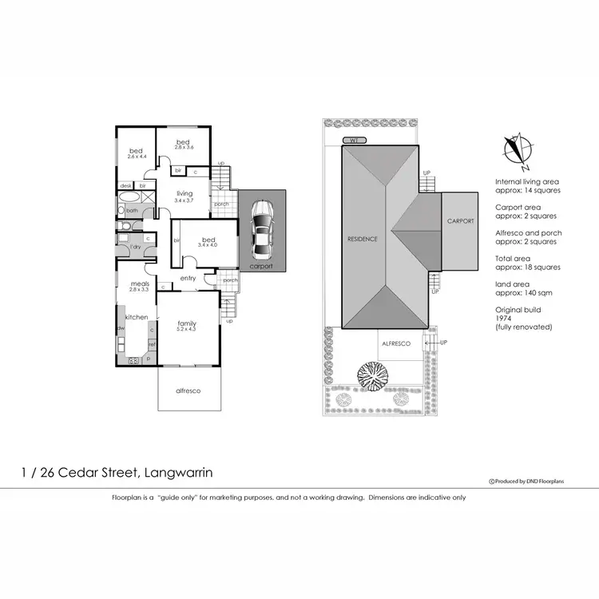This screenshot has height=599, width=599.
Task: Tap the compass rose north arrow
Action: tap(518, 150)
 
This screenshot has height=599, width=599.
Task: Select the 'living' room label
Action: tap(184, 192)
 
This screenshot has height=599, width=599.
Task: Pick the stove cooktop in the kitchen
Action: tap(133, 361)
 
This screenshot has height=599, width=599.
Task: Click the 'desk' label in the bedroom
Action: tap(126, 185)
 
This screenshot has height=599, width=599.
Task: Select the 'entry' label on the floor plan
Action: tap(188, 278)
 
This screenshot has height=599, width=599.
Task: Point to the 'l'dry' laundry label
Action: tap(136, 247)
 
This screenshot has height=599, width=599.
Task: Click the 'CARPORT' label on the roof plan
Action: tap(460, 220)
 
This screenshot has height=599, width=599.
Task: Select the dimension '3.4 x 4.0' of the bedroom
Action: tap(208, 246)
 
